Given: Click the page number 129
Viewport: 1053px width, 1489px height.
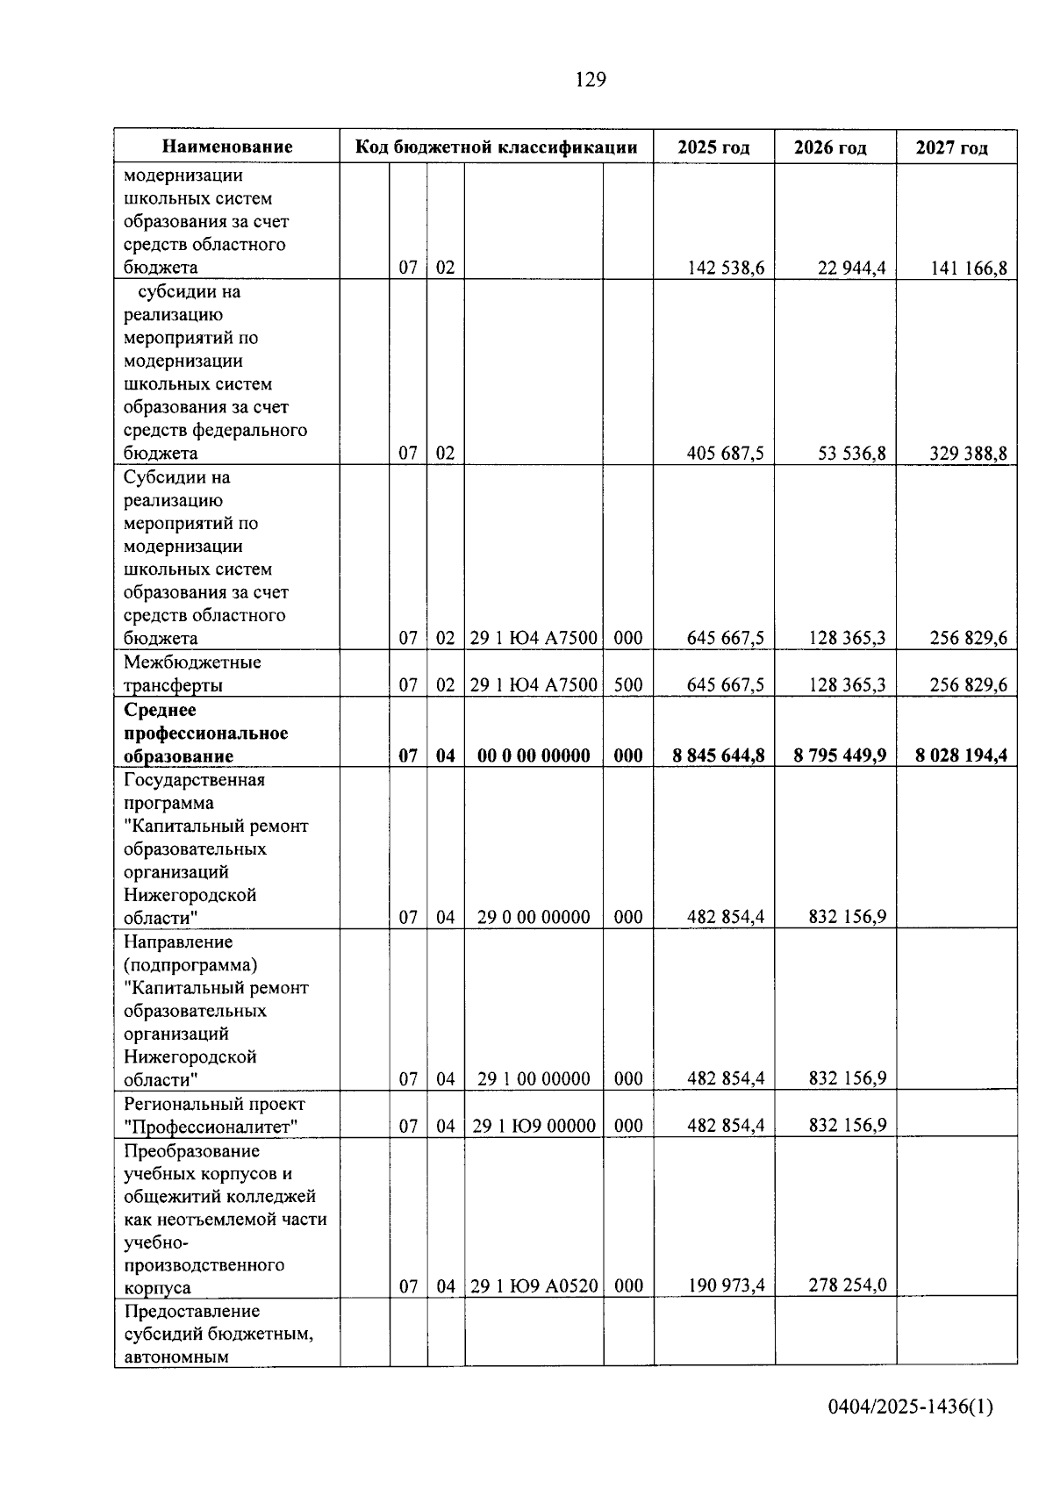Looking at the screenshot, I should tap(591, 80).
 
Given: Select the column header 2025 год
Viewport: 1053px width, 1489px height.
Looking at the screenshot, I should tap(713, 147).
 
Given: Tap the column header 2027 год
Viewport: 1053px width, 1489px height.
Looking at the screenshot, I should tap(951, 147).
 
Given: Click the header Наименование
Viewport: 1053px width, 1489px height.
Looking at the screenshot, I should tap(227, 147).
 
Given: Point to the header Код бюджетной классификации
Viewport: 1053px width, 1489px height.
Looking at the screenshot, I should tap(496, 147).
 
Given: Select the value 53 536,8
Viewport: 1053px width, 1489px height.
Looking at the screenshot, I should tap(851, 454).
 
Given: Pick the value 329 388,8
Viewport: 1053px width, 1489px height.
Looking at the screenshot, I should tap(968, 454).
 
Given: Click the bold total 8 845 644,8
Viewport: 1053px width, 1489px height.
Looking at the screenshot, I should tap(719, 755).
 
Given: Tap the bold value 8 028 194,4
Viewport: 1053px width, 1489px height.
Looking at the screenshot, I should tap(961, 755).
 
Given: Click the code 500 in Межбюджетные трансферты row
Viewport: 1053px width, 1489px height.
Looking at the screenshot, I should tap(628, 685).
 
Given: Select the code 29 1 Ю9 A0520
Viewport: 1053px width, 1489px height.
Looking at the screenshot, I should tap(534, 1286).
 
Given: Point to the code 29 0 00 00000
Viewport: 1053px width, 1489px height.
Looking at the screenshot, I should tap(534, 918).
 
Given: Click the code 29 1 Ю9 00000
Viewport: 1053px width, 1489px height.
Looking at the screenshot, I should tap(534, 1126).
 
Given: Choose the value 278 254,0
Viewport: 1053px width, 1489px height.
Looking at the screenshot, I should tap(847, 1285).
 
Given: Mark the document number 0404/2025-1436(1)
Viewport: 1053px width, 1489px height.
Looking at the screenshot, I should tap(910, 1407).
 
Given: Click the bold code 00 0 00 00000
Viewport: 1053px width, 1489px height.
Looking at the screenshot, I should tap(534, 755).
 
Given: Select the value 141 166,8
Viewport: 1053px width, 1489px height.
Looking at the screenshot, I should tap(968, 268).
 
